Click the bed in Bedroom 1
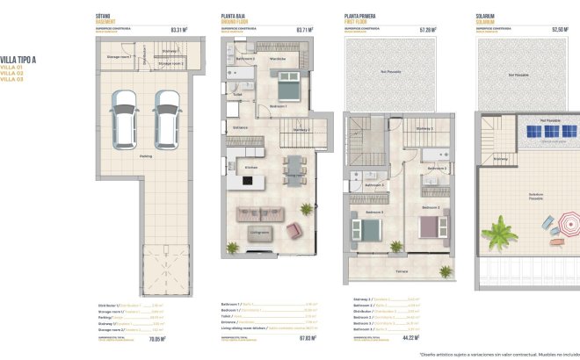click(289, 88)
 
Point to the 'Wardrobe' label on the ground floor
click(279, 59)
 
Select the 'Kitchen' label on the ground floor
click(250, 166)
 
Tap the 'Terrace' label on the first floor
click(401, 272)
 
